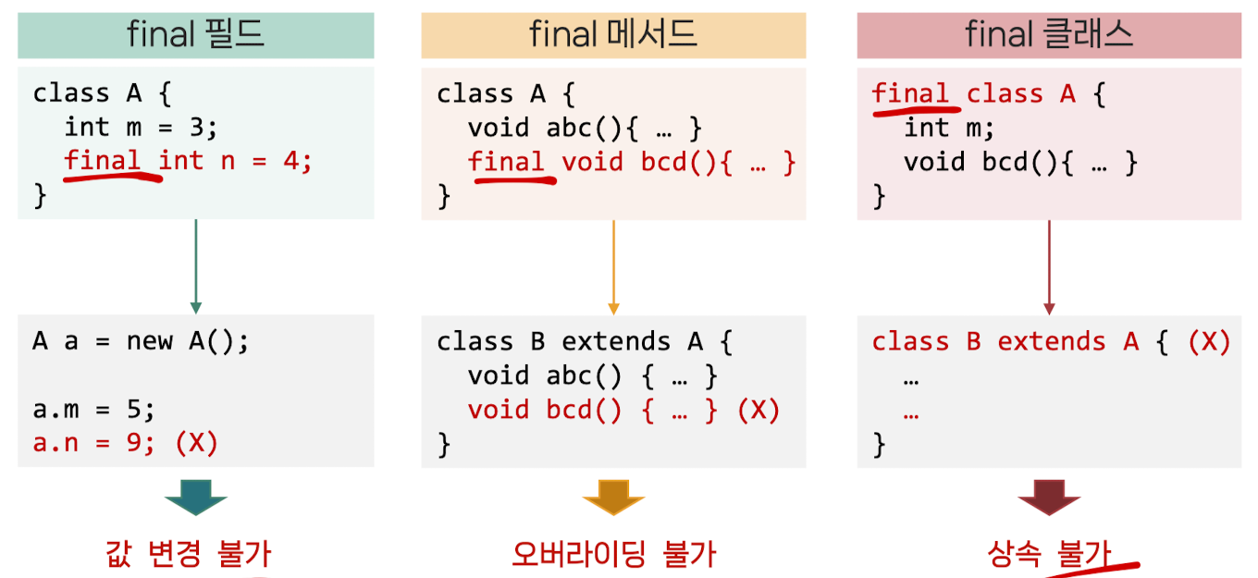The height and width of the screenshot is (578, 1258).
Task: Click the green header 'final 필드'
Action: pos(196,35)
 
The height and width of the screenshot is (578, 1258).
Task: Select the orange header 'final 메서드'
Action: pos(613,35)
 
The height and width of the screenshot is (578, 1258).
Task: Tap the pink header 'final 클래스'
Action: pos(1049,35)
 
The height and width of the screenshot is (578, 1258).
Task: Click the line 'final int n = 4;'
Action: pos(189,161)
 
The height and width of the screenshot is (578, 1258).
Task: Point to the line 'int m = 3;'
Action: pos(140,127)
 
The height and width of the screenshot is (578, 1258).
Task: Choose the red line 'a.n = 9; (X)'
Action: pos(126,443)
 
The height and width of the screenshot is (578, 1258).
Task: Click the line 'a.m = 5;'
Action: pos(94,410)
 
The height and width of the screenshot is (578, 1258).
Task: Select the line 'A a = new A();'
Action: pos(142,341)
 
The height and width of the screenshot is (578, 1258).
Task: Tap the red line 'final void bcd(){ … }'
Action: pos(632,162)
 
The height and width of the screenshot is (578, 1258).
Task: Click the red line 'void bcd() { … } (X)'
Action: pos(624,410)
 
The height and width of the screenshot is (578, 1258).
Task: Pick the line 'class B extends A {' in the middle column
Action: pos(586,341)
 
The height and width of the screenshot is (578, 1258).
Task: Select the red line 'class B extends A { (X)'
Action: pos(1051,341)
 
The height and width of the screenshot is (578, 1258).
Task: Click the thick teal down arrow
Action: pos(196,498)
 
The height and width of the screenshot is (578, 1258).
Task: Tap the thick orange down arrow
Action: pos(613,498)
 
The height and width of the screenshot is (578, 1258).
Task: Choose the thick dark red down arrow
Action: pos(1049,498)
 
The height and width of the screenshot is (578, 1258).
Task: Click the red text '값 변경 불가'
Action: pos(189,554)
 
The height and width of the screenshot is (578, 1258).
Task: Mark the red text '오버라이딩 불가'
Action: pos(614,554)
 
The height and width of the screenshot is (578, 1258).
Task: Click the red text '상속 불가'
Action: pos(1049,554)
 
